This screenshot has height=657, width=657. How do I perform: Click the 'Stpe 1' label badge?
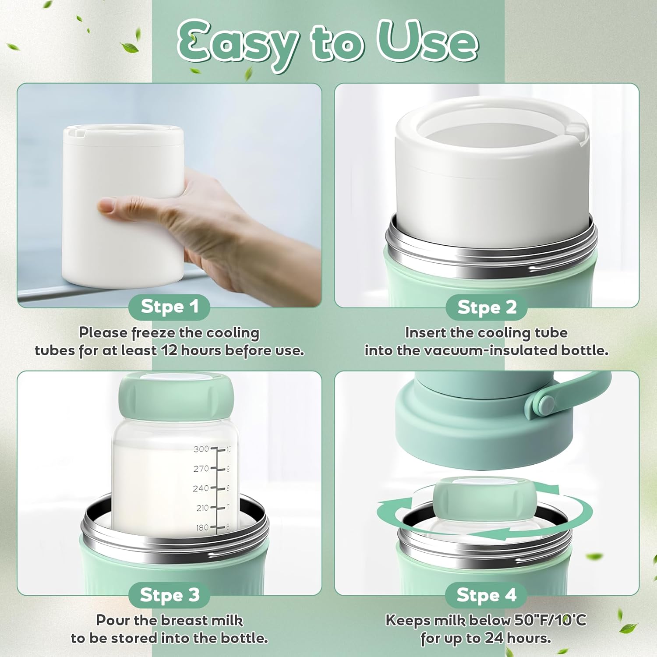(169, 307)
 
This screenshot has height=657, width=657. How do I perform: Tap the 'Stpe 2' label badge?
(487, 307)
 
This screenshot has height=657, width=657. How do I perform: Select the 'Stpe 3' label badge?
(169, 595)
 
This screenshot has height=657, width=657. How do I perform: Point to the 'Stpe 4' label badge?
(486, 595)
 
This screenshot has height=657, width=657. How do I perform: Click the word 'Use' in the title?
(427, 42)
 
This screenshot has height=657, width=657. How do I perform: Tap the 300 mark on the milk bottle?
(201, 449)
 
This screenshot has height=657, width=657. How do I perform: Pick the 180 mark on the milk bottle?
(202, 527)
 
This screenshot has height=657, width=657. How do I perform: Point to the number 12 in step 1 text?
(169, 351)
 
